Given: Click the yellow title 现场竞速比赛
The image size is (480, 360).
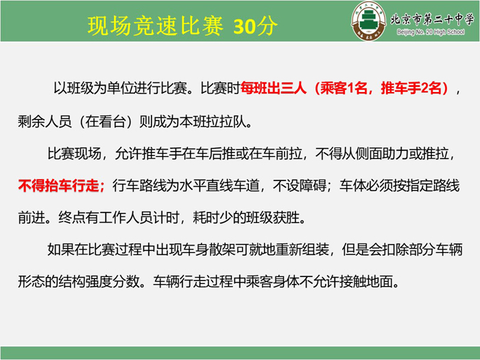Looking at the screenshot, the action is [x=156, y=26].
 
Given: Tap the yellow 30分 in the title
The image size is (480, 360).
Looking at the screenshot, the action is [x=256, y=26].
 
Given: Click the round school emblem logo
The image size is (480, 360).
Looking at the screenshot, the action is [x=369, y=21].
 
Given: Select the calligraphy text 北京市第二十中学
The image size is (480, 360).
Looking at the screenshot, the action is [x=432, y=19].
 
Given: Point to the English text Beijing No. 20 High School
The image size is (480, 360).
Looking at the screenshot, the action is [x=431, y=32].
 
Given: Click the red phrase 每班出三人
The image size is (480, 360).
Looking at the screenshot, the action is [x=273, y=88].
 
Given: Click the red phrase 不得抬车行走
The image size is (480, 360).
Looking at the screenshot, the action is [x=58, y=186].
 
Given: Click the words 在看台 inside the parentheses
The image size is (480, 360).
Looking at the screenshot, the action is [x=106, y=121].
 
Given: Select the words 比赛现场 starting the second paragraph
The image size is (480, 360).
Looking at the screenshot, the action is [x=74, y=154].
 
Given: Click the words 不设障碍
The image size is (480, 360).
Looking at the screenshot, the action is [x=300, y=186].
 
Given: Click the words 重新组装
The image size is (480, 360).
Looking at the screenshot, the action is [x=302, y=250].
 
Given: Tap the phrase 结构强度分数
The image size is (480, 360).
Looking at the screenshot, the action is [x=99, y=281].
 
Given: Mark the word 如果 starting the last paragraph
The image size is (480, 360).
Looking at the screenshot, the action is [x=60, y=250].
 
